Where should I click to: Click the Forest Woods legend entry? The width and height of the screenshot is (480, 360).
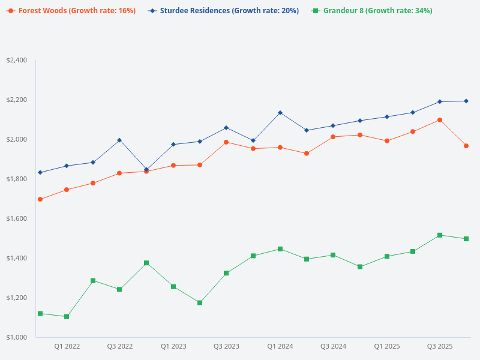click(x=71, y=11)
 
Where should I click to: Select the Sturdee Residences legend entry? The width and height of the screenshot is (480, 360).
click(x=223, y=11)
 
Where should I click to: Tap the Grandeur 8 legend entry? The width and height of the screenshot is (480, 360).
click(x=371, y=11)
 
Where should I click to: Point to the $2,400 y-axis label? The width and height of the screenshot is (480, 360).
click(x=16, y=60)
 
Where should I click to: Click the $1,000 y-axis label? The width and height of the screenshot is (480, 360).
click(x=16, y=337)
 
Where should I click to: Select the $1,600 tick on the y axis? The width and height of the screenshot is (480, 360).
click(x=16, y=218)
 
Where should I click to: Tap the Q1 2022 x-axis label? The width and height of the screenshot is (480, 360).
click(x=67, y=346)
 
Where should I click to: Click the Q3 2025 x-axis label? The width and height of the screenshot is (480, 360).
click(x=440, y=346)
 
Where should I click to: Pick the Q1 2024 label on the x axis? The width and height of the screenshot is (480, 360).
click(x=280, y=346)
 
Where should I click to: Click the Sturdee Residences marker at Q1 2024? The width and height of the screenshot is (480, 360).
click(x=280, y=113)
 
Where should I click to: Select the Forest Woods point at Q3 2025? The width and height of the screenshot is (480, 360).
click(x=440, y=120)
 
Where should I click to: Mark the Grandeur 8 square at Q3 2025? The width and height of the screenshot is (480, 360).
click(x=440, y=235)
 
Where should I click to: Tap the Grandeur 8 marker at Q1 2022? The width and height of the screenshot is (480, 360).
click(x=67, y=316)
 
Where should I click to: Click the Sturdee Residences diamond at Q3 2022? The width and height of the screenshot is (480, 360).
click(x=119, y=140)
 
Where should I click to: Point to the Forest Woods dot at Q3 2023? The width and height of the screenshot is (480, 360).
click(x=226, y=142)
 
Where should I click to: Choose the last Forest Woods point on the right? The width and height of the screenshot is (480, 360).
click(x=466, y=146)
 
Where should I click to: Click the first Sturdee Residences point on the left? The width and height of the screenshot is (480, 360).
click(x=40, y=172)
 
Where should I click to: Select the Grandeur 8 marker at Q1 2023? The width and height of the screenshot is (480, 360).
click(x=173, y=287)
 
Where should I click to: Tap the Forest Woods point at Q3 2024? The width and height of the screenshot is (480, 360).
click(x=333, y=137)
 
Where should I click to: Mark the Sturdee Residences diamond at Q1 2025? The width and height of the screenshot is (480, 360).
click(x=387, y=116)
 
